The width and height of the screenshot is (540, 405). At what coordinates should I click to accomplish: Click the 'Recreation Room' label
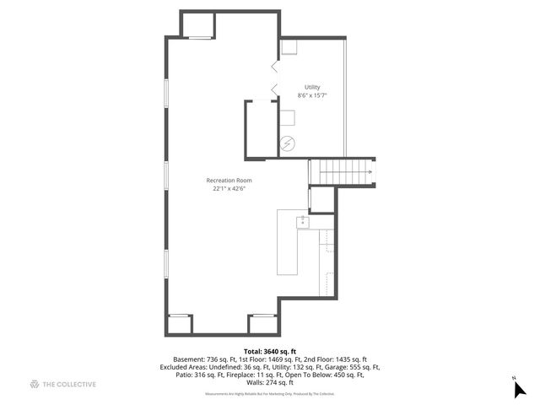pyautogui.click(x=229, y=180)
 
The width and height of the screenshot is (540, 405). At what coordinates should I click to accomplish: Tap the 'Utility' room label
pyautogui.click(x=312, y=87)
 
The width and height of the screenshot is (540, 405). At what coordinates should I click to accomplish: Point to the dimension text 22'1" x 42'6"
pyautogui.click(x=229, y=189)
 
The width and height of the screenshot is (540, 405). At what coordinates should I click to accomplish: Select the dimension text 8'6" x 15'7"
pyautogui.click(x=312, y=95)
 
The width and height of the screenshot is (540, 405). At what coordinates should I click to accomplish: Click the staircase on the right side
pyautogui.click(x=343, y=170)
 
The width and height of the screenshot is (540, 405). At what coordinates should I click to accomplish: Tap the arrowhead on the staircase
pyautogui.click(x=370, y=171)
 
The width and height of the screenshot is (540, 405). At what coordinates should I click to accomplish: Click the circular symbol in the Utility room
pyautogui.click(x=288, y=143)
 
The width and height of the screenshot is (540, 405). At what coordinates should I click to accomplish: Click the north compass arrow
pyautogui.click(x=521, y=388)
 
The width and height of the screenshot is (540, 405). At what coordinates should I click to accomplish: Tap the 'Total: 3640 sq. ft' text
pyautogui.click(x=269, y=350)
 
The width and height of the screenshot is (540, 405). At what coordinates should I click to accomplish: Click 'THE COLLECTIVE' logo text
pyautogui.click(x=69, y=385)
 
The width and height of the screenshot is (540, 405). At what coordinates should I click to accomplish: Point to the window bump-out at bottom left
pyautogui.click(x=180, y=324)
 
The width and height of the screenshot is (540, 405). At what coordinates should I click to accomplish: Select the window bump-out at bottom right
pyautogui.click(x=262, y=324)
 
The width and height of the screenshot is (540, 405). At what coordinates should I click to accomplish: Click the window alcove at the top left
pyautogui.click(x=199, y=25)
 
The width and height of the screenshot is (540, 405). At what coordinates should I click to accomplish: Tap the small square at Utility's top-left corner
pyautogui.click(x=289, y=48)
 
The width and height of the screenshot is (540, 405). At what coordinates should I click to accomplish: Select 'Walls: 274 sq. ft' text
pyautogui.click(x=269, y=383)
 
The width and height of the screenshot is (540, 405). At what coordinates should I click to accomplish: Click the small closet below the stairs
pyautogui.click(x=322, y=199)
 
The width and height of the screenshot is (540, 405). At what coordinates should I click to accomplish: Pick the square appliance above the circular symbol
pyautogui.click(x=288, y=117)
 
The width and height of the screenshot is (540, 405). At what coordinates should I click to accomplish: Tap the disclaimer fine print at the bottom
pyautogui.click(x=269, y=393)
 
